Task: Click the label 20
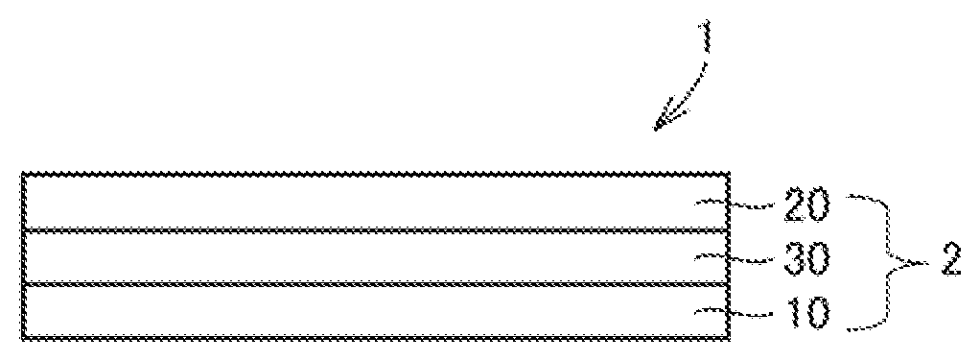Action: tap(805, 205)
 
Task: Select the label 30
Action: tap(805, 259)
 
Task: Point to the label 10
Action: tap(805, 312)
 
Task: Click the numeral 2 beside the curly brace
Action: tap(947, 260)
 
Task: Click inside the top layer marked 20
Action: tap(375, 202)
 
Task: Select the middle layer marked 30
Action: tap(375, 257)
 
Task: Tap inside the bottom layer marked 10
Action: tap(375, 311)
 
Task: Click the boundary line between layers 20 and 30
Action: tap(375, 230)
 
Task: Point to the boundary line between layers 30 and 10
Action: tap(375, 284)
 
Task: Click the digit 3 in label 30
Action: tap(794, 259)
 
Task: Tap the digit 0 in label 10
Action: tap(818, 312)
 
